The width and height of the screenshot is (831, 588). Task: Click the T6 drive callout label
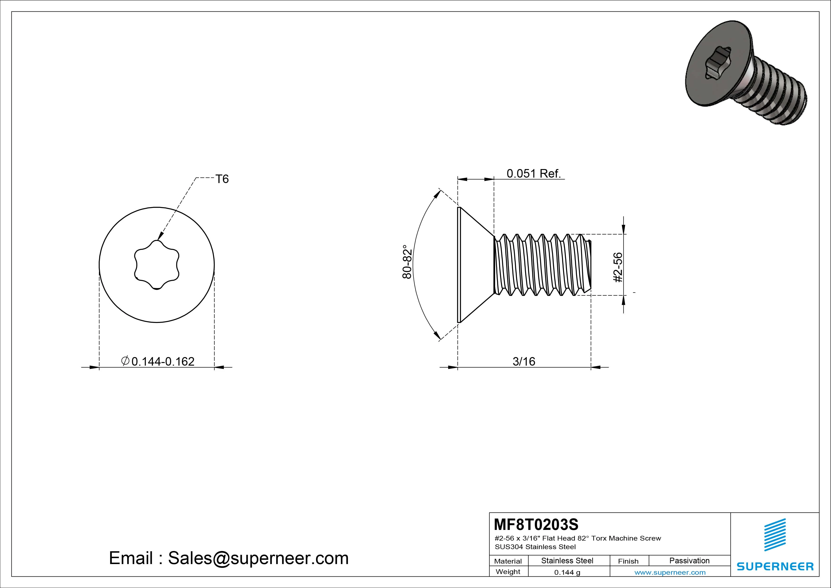222,179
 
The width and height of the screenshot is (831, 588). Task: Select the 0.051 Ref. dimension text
533,174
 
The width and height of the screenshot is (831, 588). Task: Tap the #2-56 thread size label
618,267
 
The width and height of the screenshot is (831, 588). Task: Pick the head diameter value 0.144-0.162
163,362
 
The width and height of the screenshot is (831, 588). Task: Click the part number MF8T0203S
536,524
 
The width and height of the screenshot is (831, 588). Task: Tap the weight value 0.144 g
567,572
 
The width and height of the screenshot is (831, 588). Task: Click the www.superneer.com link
670,572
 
